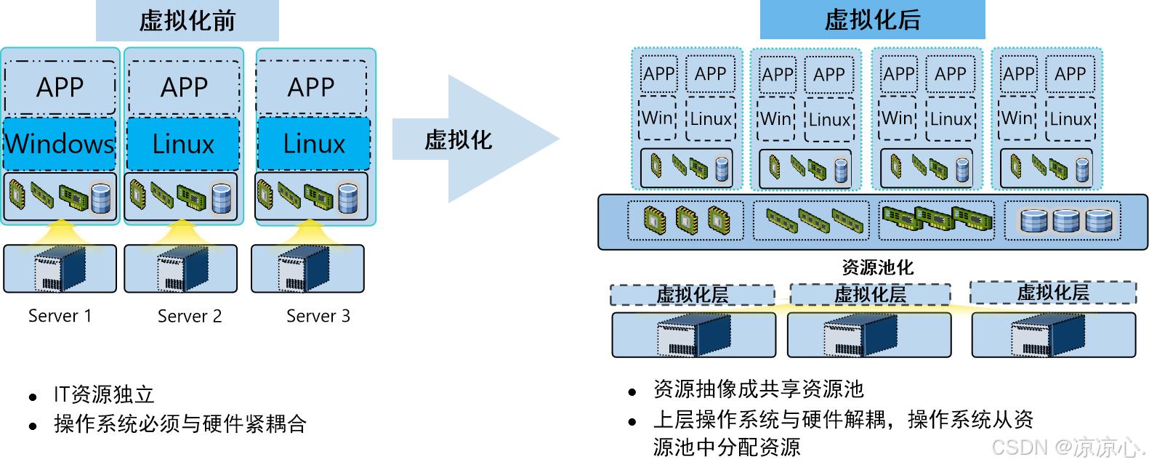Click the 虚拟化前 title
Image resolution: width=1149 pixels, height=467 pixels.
coord(188,20)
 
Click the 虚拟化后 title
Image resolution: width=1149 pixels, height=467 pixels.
coord(872,20)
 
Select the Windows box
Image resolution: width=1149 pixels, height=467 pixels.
coord(60,144)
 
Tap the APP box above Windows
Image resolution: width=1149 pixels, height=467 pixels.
coord(60,87)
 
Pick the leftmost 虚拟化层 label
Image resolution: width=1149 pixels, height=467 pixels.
coord(692,295)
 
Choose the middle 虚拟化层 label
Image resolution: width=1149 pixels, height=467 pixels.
coord(870,294)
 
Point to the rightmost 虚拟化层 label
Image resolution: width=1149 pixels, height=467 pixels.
coord(1052,293)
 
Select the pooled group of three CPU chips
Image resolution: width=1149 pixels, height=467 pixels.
coord(686,220)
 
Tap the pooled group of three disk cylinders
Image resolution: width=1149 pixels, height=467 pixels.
coord(1066,220)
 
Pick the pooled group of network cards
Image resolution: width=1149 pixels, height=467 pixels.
coord(937,219)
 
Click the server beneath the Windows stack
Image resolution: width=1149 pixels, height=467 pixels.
coord(60,269)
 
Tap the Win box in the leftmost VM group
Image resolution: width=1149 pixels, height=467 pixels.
coord(657,118)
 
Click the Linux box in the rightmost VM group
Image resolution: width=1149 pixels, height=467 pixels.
coord(1071,118)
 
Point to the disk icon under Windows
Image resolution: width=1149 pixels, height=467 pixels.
coord(101,198)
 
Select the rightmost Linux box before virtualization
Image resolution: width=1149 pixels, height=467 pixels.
coord(314,144)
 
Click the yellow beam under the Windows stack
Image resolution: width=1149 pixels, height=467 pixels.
coord(61,234)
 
